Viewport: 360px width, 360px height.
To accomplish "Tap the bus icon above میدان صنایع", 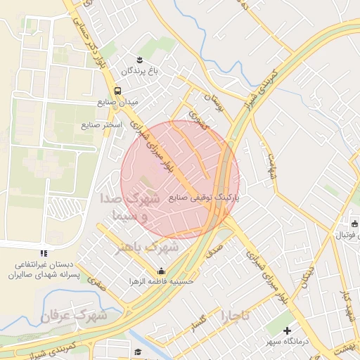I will [117, 90].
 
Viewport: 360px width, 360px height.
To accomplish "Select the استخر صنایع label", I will [101, 125].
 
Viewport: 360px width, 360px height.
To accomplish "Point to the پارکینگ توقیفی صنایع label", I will [204, 198].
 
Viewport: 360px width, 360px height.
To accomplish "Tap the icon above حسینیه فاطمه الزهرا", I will [162, 271].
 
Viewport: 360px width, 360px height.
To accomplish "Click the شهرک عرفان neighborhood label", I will [73, 316].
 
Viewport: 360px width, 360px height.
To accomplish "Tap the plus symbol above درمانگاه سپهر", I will [287, 330].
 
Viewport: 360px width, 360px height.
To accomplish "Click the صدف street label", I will [214, 247].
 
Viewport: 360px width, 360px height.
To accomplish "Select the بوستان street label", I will [212, 104].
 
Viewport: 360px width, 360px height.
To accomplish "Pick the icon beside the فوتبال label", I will [354, 224].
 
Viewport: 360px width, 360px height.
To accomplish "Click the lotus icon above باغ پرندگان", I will [140, 58].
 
